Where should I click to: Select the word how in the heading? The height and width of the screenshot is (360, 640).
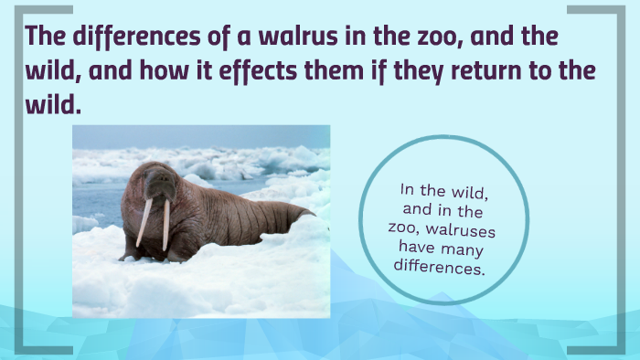click(x=151, y=73)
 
